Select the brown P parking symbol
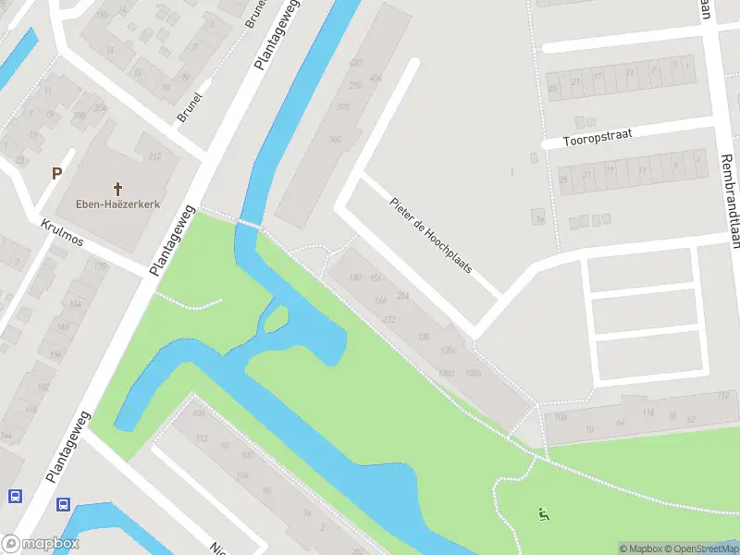tap(56, 173)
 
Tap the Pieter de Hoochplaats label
tap(431, 235)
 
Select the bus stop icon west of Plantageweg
tap(15, 496)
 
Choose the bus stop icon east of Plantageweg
tap(63, 505)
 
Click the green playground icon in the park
tap(543, 513)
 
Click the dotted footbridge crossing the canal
tap(248, 223)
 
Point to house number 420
tap(355, 63)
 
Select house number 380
tap(335, 139)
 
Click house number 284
tap(402, 296)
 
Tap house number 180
tap(354, 277)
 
